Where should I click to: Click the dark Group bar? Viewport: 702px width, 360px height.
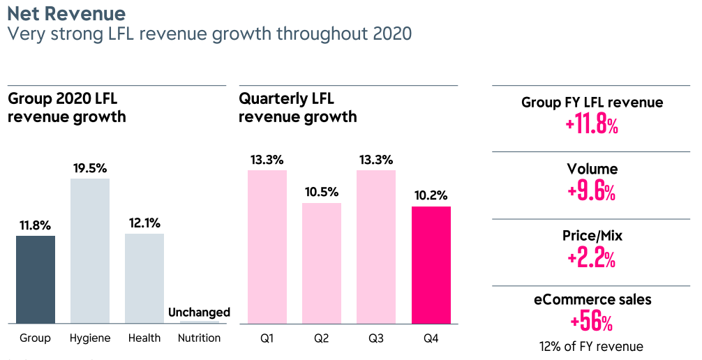click(36, 279)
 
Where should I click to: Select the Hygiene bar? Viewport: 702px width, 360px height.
click(90, 250)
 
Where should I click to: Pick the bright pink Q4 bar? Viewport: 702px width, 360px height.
click(431, 264)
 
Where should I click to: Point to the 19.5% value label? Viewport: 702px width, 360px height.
click(90, 168)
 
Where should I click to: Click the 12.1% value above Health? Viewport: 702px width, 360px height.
click(144, 223)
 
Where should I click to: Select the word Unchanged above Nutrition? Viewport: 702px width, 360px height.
click(199, 312)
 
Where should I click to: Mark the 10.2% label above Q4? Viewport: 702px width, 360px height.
click(431, 195)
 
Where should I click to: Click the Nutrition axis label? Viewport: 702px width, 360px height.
click(199, 338)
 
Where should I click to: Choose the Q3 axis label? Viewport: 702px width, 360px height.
click(376, 338)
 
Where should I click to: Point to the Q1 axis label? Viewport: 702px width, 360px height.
click(267, 338)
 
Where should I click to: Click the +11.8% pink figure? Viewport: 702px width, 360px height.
click(592, 126)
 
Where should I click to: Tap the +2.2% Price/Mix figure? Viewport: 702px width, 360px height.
click(592, 259)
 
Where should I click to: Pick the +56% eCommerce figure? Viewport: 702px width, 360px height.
click(592, 322)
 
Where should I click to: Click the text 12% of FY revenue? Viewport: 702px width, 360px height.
click(592, 346)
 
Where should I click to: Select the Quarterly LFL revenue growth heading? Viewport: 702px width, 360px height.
click(298, 107)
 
